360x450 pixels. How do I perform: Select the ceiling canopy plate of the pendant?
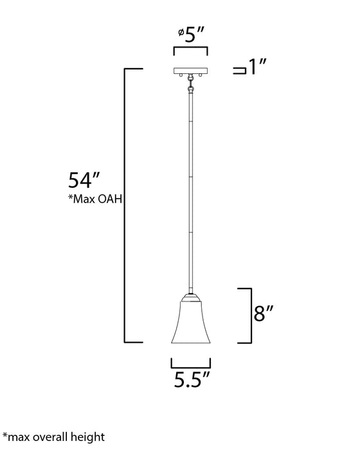click(x=190, y=69)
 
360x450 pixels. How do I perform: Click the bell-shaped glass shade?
click(x=190, y=321)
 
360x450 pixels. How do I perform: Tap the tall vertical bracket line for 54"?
click(x=124, y=204)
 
